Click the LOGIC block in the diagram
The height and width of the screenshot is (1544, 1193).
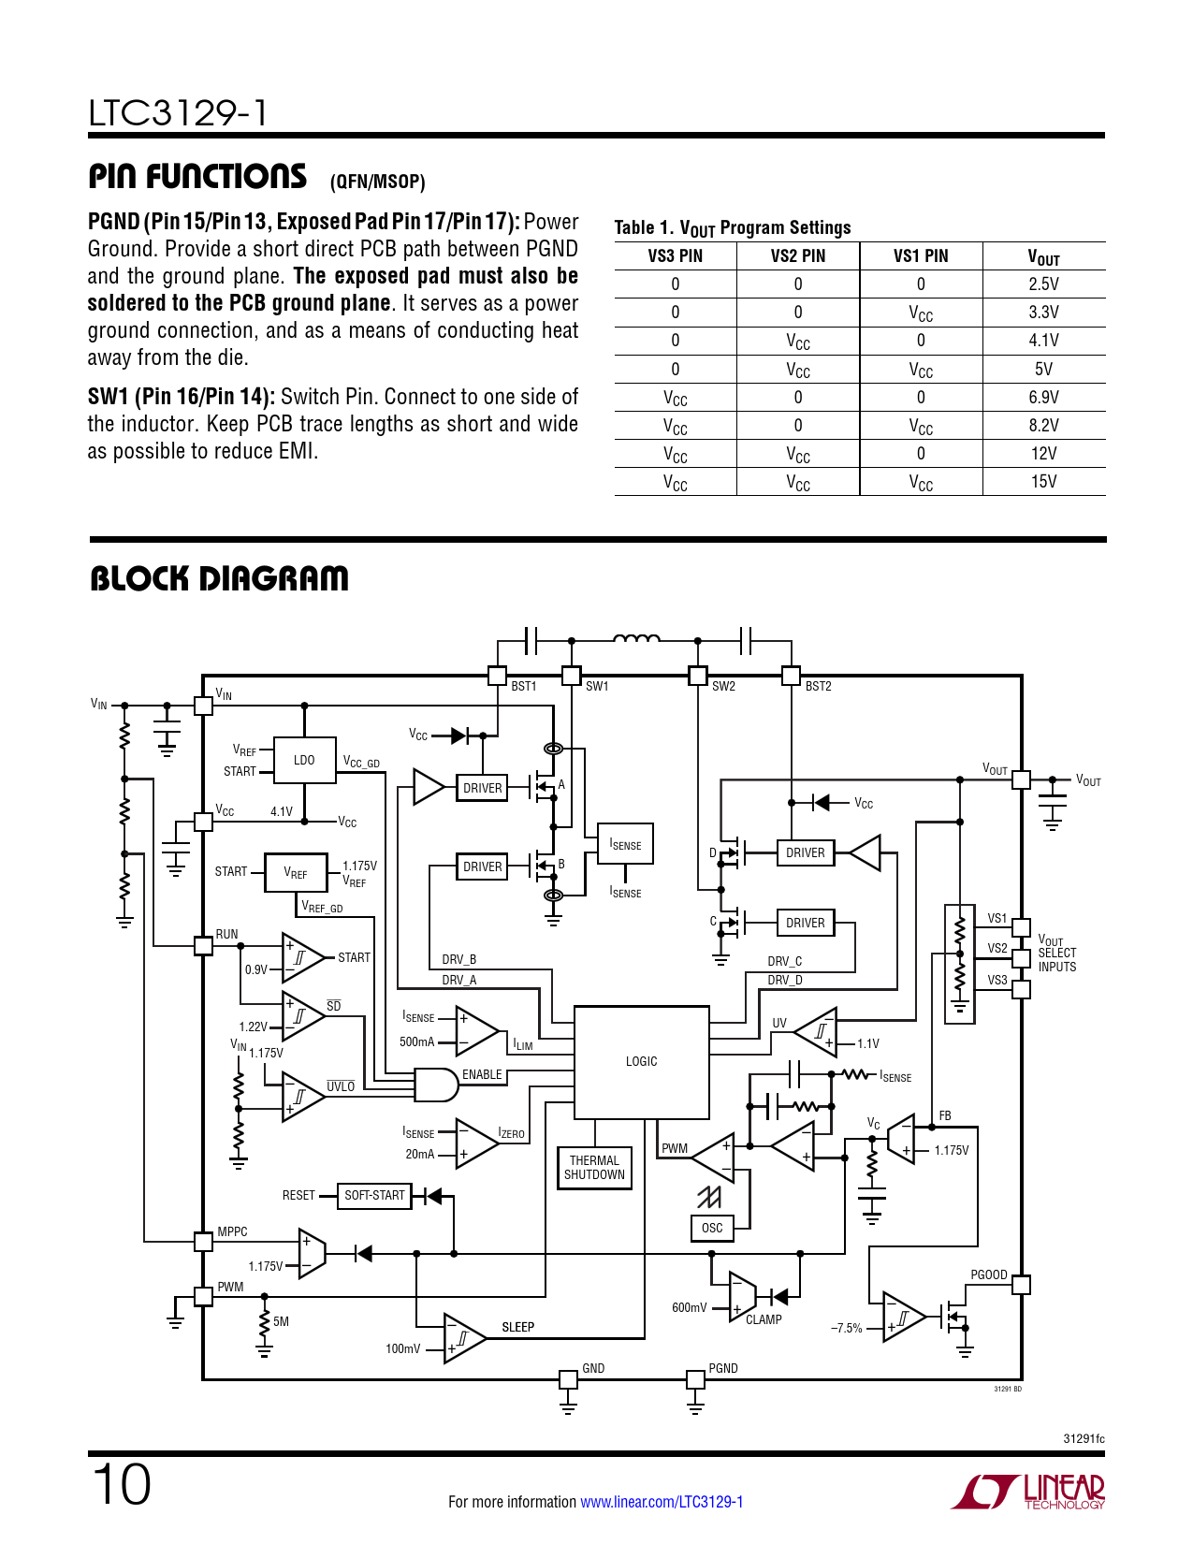(641, 1062)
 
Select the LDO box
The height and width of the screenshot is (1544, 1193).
(304, 760)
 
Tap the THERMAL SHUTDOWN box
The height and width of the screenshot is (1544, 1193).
(594, 1168)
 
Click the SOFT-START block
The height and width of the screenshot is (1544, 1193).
(374, 1195)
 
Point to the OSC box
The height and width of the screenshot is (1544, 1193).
(712, 1228)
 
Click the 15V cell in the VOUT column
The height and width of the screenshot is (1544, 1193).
(1043, 482)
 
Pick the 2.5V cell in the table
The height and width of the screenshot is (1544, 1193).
(1043, 284)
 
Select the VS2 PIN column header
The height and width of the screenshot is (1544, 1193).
(797, 256)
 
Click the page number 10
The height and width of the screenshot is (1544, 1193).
(122, 1484)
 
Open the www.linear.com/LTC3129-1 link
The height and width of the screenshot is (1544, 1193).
(662, 1502)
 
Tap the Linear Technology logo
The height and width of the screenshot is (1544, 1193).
(1028, 1492)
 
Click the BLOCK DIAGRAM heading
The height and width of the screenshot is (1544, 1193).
(219, 579)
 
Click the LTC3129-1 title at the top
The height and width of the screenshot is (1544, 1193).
(178, 113)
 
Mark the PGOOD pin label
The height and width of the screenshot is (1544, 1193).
(988, 1275)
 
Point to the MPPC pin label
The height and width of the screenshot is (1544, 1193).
(232, 1231)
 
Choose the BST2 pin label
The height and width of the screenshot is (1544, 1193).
(818, 686)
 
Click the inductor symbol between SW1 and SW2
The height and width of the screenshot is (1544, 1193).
(636, 639)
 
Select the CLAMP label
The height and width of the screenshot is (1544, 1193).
(764, 1319)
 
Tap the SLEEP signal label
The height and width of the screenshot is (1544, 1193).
(517, 1327)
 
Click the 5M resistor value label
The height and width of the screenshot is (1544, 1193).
(281, 1321)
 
